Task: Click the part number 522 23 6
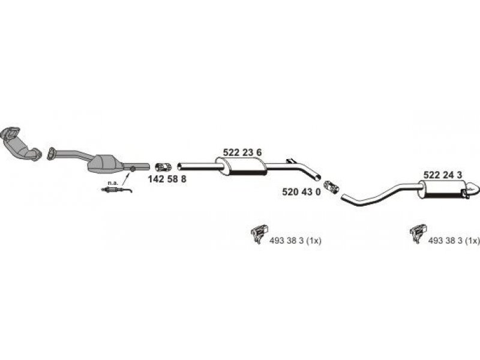click(x=242, y=152)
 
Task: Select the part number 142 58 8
click(x=167, y=179)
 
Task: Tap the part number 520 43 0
click(x=302, y=192)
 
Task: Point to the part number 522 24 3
click(x=443, y=175)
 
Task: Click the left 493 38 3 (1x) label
click(x=295, y=241)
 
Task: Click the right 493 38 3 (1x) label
click(x=454, y=241)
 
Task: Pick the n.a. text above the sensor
click(x=113, y=183)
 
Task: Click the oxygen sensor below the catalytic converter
click(x=116, y=190)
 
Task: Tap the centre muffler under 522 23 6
click(x=241, y=167)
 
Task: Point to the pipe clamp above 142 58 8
click(x=163, y=167)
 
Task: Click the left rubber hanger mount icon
click(x=259, y=233)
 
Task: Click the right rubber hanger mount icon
click(x=418, y=233)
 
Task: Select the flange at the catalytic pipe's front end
click(x=51, y=154)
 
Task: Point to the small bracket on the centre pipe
click(x=290, y=161)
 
